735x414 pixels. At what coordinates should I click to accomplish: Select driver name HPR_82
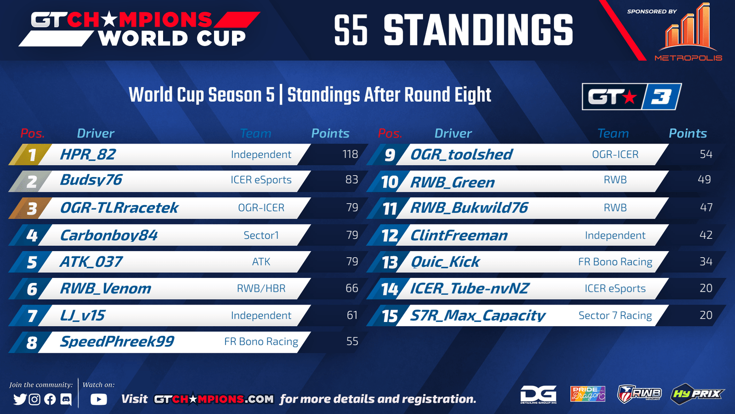[x=88, y=155]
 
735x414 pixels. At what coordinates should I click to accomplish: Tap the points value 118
[x=350, y=154]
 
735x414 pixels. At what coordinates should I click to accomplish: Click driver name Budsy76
[x=91, y=180]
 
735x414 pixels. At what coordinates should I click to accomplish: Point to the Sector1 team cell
[x=261, y=235]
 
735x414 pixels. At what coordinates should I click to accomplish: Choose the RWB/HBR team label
[x=261, y=288]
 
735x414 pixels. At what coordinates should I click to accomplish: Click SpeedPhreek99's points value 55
[x=352, y=341]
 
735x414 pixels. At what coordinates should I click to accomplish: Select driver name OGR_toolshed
[x=461, y=155]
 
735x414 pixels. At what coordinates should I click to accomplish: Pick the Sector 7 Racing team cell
[x=615, y=316]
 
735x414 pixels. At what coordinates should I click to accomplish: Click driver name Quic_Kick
[x=445, y=262]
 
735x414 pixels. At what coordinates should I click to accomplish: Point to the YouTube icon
[x=99, y=399]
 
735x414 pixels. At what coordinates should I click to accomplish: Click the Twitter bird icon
[x=20, y=399]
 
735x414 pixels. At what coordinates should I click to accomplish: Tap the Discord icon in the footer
[x=66, y=399]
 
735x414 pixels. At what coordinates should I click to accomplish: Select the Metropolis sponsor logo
[x=689, y=32]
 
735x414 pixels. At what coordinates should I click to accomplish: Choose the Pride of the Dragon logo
[x=588, y=394]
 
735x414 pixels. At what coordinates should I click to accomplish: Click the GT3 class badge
[x=632, y=97]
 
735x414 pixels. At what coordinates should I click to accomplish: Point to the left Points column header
[x=330, y=133]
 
